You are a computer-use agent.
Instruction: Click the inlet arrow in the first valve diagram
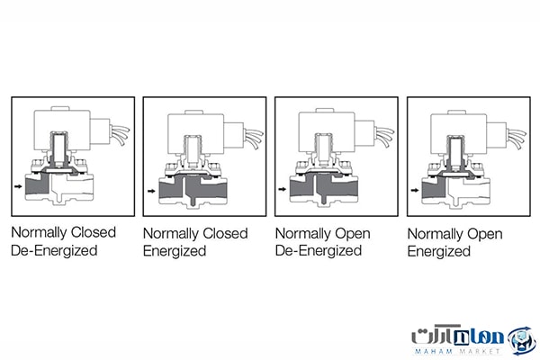(x=18, y=186)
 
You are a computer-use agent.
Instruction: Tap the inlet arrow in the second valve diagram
(x=151, y=191)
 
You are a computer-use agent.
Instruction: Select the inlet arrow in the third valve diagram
(x=283, y=189)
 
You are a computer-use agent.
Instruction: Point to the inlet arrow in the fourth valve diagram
(x=415, y=190)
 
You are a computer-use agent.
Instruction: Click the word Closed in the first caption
(x=94, y=232)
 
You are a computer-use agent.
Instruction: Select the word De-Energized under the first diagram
(x=54, y=250)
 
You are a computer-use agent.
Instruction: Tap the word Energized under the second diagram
(x=175, y=251)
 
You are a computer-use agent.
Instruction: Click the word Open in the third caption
(x=353, y=234)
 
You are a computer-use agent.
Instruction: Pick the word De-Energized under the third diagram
(x=319, y=250)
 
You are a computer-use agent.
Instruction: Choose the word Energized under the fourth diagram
(x=439, y=251)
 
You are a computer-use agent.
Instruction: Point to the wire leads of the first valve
(x=121, y=135)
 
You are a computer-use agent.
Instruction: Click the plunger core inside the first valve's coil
(x=58, y=148)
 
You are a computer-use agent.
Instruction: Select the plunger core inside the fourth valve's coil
(x=455, y=152)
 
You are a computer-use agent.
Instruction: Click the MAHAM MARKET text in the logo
(x=457, y=351)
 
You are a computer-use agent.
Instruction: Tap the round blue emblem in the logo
(x=523, y=341)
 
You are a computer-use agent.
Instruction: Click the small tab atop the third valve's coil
(x=325, y=110)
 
